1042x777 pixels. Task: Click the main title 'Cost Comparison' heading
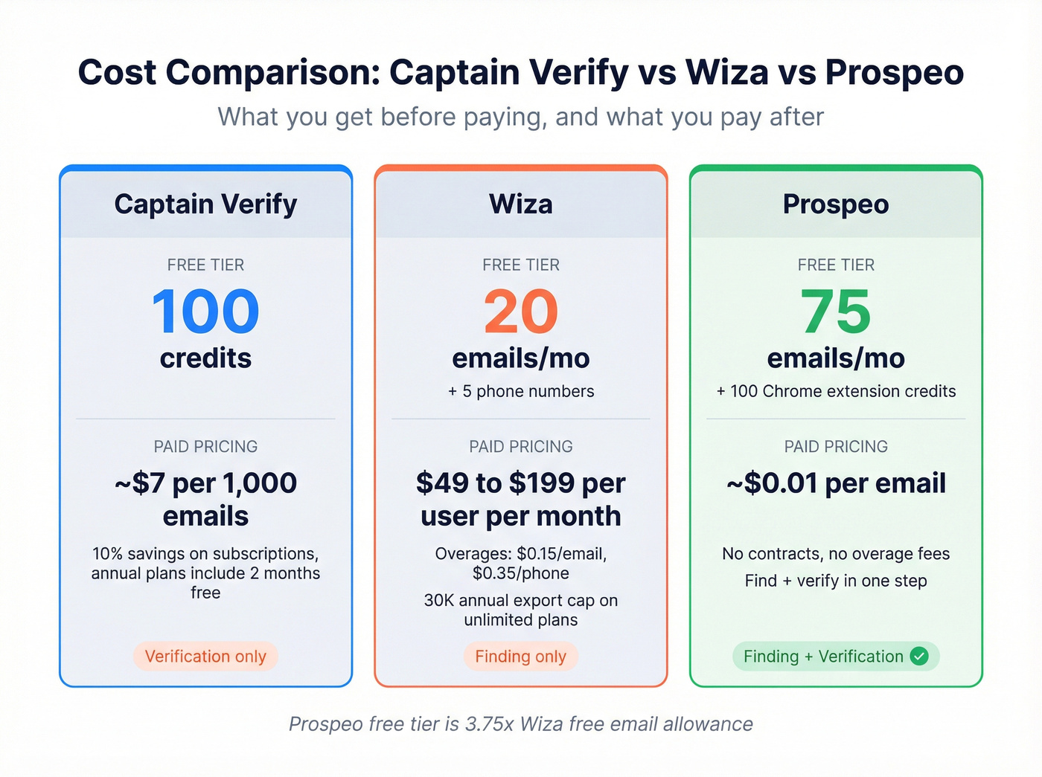pyautogui.click(x=521, y=73)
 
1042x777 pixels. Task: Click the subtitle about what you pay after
pyautogui.click(x=521, y=117)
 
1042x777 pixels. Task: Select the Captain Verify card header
pyautogui.click(x=205, y=204)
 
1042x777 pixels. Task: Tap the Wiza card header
pyautogui.click(x=521, y=204)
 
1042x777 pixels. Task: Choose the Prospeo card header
pyautogui.click(x=836, y=204)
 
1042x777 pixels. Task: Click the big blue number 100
pyautogui.click(x=205, y=312)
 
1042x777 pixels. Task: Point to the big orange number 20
pyautogui.click(x=521, y=312)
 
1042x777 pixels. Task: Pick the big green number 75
pyautogui.click(x=836, y=312)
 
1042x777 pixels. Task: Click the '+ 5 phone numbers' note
pyautogui.click(x=521, y=391)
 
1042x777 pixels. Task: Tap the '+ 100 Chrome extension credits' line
pyautogui.click(x=836, y=391)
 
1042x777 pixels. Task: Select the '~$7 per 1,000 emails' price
pyautogui.click(x=205, y=499)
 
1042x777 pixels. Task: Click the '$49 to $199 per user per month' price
pyautogui.click(x=521, y=499)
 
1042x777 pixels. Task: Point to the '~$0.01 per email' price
pyautogui.click(x=836, y=483)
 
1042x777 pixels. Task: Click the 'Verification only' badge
pyautogui.click(x=205, y=657)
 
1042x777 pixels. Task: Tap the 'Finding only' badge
pyautogui.click(x=521, y=657)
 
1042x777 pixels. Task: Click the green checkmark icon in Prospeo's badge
pyautogui.click(x=920, y=656)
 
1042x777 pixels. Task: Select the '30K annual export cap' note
pyautogui.click(x=521, y=610)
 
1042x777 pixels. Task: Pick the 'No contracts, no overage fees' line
pyautogui.click(x=836, y=554)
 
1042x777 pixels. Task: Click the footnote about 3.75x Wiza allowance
pyautogui.click(x=521, y=724)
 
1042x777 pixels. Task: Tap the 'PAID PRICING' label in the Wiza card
pyautogui.click(x=521, y=447)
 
